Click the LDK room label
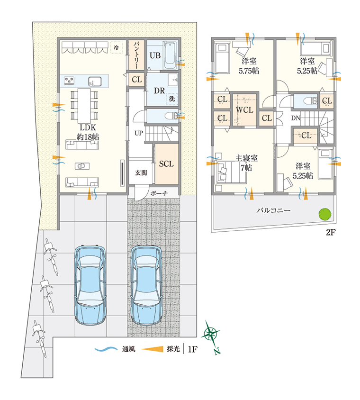coord(88,128)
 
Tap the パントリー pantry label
coord(135,55)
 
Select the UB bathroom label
coord(155,55)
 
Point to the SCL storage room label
coord(166,164)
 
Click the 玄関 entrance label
coord(141,173)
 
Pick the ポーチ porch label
coord(159,193)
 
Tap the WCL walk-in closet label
coord(244,110)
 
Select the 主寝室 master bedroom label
coord(246,158)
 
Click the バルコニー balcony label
coord(273,211)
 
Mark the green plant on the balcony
coord(325,214)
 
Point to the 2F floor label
coord(331,232)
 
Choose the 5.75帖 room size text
coord(249,71)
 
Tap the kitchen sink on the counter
coord(95,82)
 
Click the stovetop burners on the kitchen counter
coord(69,81)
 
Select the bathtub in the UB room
coord(170,55)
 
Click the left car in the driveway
coord(90,285)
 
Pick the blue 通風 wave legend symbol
coord(106,349)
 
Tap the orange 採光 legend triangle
coord(152,349)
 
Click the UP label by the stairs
coord(138,133)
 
